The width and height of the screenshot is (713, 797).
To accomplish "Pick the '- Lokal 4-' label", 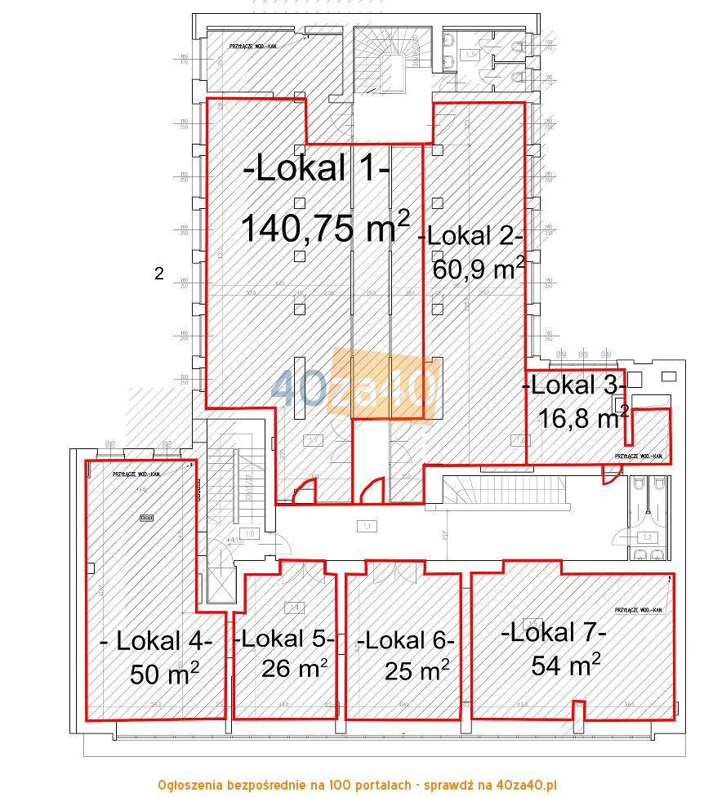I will (x=156, y=641).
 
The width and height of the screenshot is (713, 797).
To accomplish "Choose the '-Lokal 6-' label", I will (x=406, y=639).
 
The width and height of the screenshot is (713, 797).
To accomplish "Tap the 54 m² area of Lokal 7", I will (x=567, y=665).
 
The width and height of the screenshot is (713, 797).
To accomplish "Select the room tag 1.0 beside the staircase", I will (x=250, y=533).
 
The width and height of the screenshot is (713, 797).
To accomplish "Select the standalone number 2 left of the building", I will (x=159, y=274).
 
